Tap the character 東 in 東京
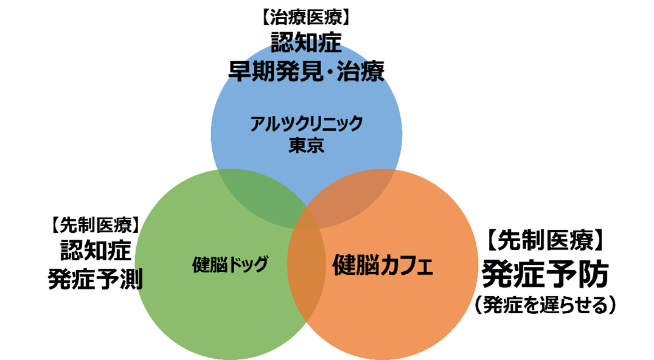pyautogui.click(x=297, y=146)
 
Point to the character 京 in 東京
pyautogui.click(x=315, y=146)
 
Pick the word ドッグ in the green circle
pyautogui.click(x=248, y=265)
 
